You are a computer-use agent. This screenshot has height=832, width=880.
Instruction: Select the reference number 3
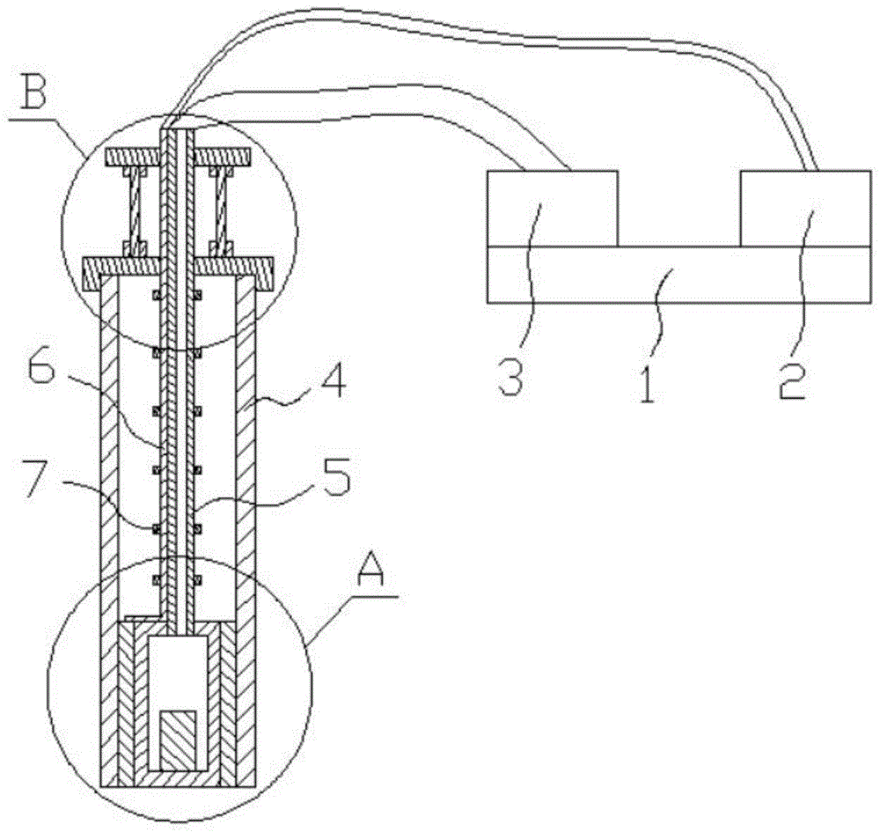pos(513,379)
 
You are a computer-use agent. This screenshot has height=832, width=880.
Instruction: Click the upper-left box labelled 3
pos(553,209)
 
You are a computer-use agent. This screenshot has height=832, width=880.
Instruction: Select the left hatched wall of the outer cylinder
pos(109,528)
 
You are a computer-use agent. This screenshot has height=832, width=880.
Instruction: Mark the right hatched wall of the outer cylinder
pos(246,528)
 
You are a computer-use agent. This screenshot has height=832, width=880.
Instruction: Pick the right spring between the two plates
pos(219,211)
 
